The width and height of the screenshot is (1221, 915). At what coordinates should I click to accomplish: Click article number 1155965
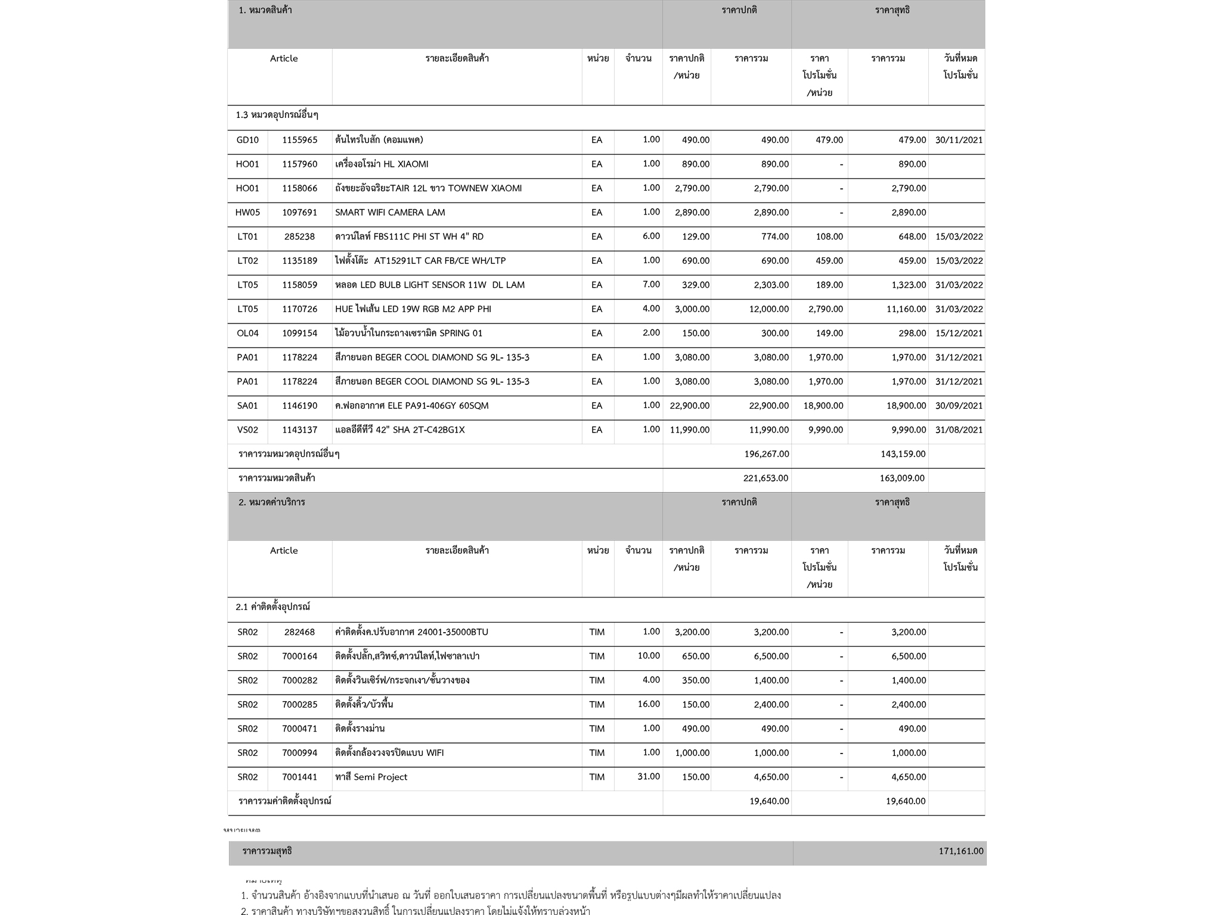click(299, 140)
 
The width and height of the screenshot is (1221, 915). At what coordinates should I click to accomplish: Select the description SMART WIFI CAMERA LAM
click(390, 213)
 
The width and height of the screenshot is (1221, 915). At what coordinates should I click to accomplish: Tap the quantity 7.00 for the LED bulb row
click(651, 285)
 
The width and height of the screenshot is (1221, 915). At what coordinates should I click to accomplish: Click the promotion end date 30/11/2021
click(959, 140)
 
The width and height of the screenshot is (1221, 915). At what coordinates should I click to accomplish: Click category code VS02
click(247, 430)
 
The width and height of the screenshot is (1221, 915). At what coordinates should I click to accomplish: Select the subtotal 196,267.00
click(766, 454)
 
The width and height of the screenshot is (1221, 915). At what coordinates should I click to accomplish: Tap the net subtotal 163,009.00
click(902, 478)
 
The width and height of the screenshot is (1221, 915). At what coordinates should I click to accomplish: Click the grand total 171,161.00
click(960, 851)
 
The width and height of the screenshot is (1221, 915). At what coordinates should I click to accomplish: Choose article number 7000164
click(299, 656)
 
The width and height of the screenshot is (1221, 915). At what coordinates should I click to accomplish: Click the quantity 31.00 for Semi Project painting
click(649, 777)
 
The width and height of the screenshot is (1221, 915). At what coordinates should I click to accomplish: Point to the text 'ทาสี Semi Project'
click(371, 777)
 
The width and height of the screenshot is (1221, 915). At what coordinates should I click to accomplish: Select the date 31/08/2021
click(959, 430)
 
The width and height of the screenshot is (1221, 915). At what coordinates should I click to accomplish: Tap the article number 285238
click(299, 236)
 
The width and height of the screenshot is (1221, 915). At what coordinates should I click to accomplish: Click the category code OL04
click(247, 334)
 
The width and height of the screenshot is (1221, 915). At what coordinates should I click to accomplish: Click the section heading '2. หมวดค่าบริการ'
click(271, 502)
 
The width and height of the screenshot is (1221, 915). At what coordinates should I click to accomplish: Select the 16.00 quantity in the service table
click(649, 704)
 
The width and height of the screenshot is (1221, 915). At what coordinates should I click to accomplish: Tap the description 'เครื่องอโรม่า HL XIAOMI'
click(382, 164)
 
